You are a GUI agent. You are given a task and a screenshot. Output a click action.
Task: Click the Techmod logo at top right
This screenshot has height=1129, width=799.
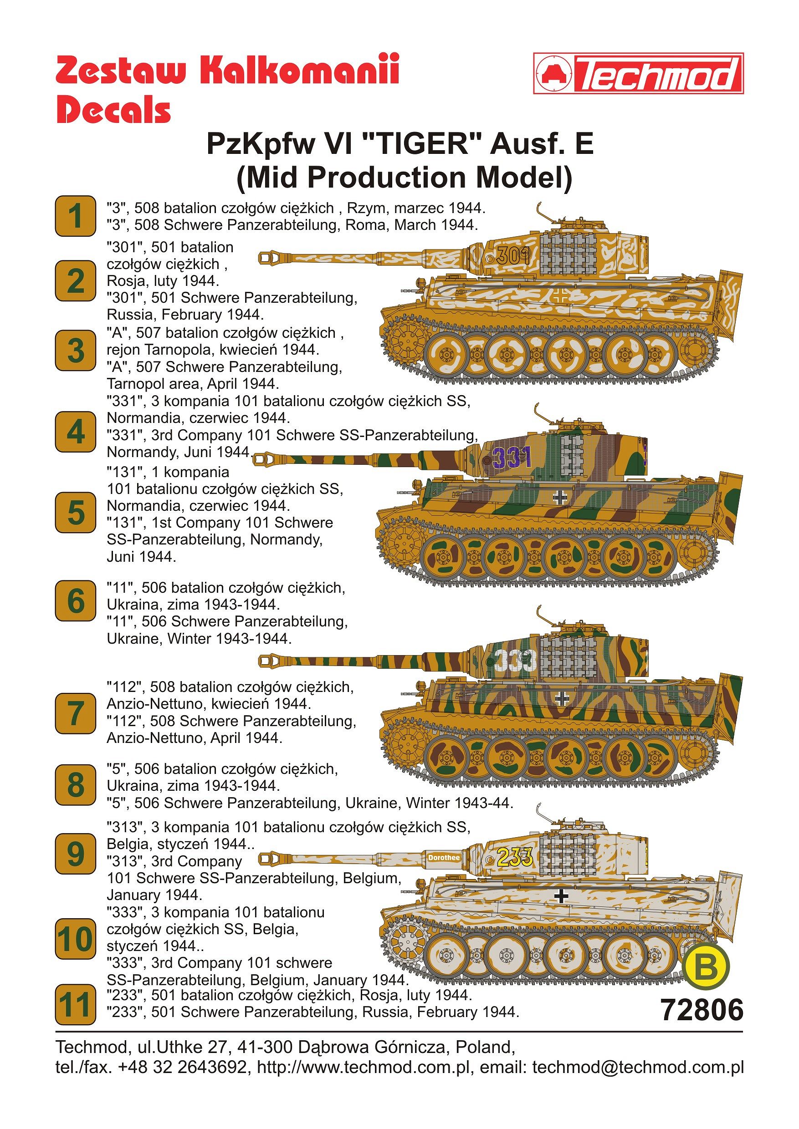[638, 74]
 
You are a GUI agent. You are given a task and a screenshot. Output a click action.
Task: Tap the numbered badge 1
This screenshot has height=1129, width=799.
[75, 216]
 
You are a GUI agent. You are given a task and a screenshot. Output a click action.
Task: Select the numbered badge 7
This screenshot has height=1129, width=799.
[75, 713]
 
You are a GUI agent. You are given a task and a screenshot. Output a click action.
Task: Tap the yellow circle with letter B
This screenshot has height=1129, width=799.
[706, 968]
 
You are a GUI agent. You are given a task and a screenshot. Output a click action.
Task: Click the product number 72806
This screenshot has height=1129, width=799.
[702, 1010]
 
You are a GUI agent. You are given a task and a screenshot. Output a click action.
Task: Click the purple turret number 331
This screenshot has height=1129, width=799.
[512, 458]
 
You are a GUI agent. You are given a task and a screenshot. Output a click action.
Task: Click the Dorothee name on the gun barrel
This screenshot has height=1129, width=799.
[444, 858]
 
